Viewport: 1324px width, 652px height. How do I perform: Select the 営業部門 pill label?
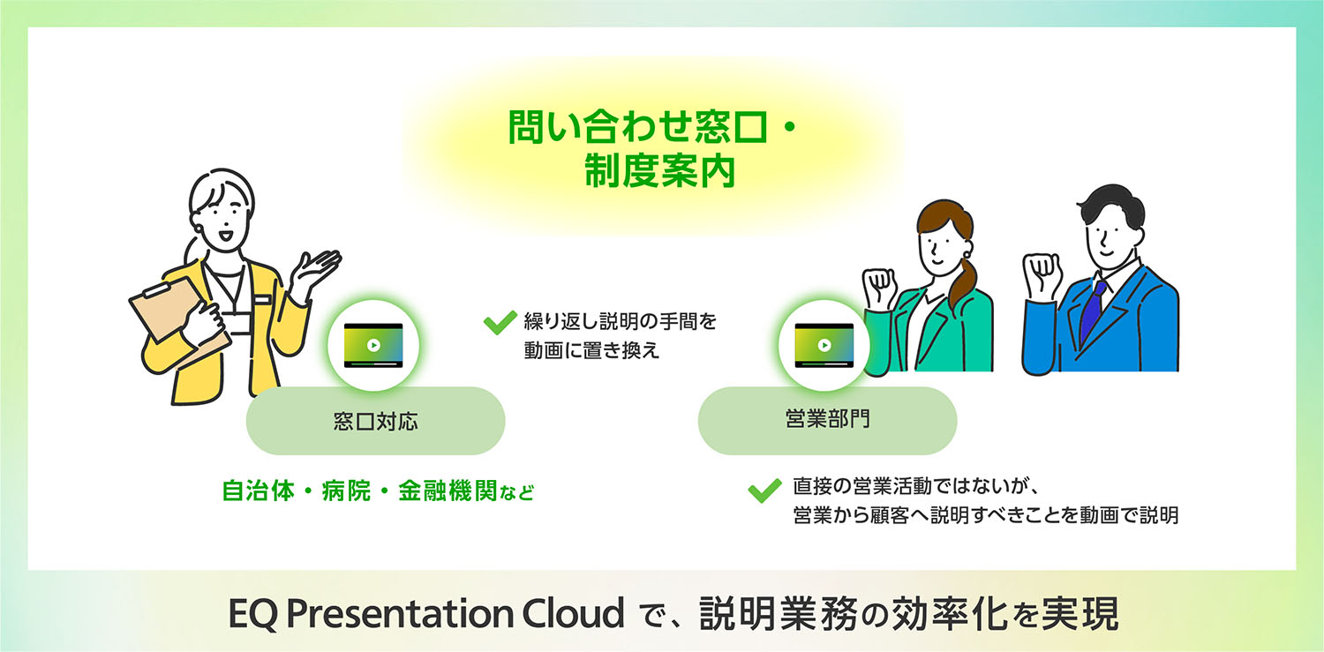827,420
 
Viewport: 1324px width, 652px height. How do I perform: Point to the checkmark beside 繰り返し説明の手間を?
500,323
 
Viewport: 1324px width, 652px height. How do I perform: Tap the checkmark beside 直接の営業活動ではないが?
764,490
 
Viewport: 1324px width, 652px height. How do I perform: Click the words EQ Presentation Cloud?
425,614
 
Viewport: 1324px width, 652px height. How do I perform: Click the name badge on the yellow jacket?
262,299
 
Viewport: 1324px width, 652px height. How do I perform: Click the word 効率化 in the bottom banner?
943,614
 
